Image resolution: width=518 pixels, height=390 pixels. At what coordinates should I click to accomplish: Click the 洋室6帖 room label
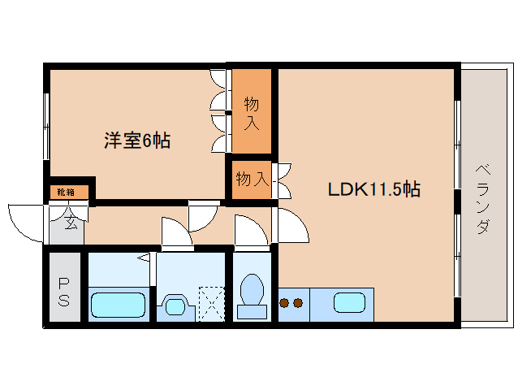click(x=136, y=141)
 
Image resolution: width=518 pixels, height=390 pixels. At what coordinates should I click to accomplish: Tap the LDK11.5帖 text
click(x=373, y=190)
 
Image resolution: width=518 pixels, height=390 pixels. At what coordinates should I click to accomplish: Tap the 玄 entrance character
click(x=70, y=221)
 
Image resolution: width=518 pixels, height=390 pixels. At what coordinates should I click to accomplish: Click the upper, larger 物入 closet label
click(x=252, y=114)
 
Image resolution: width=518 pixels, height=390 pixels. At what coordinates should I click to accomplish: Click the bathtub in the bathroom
click(x=118, y=305)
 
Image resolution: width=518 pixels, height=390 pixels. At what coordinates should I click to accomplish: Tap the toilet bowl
click(x=252, y=293)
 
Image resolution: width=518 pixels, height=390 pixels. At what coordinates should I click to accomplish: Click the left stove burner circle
click(x=285, y=304)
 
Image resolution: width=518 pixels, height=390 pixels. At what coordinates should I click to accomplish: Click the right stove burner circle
click(x=299, y=304)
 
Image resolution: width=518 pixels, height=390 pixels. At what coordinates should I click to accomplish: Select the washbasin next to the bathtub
click(x=176, y=305)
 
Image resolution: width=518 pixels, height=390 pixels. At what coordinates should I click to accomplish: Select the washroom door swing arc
click(x=176, y=232)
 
